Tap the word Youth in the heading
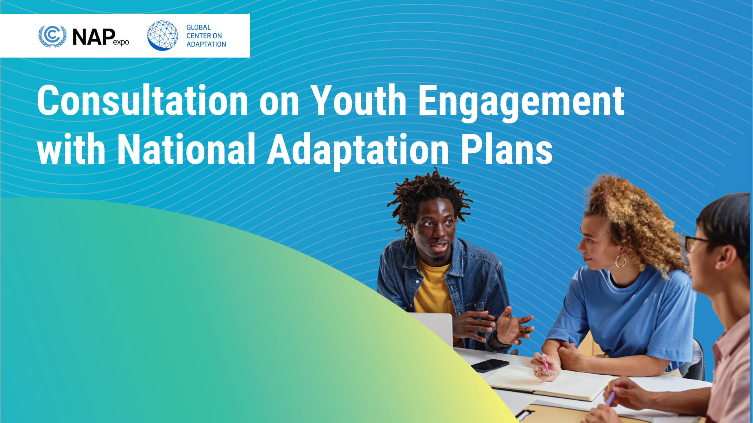(358, 101)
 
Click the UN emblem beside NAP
(52, 36)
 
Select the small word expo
(121, 42)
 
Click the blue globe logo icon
(162, 36)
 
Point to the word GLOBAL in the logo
(198, 27)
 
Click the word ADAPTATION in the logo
(206, 44)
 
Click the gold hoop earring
(620, 261)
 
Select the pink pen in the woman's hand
(546, 367)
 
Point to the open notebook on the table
(549, 382)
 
